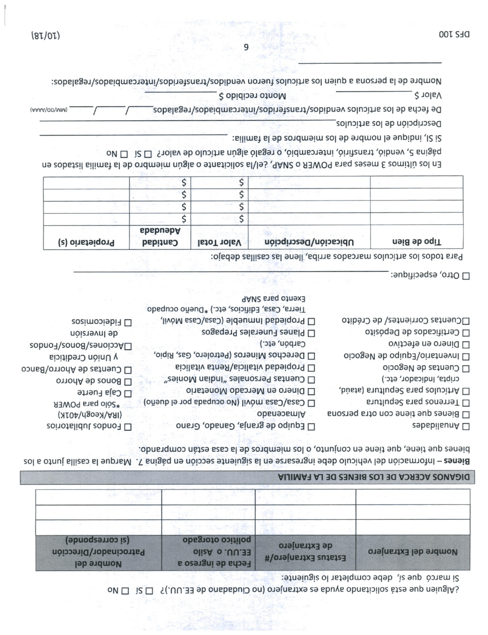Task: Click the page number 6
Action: pyautogui.click(x=246, y=47)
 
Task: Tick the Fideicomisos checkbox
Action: pyautogui.click(x=128, y=322)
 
